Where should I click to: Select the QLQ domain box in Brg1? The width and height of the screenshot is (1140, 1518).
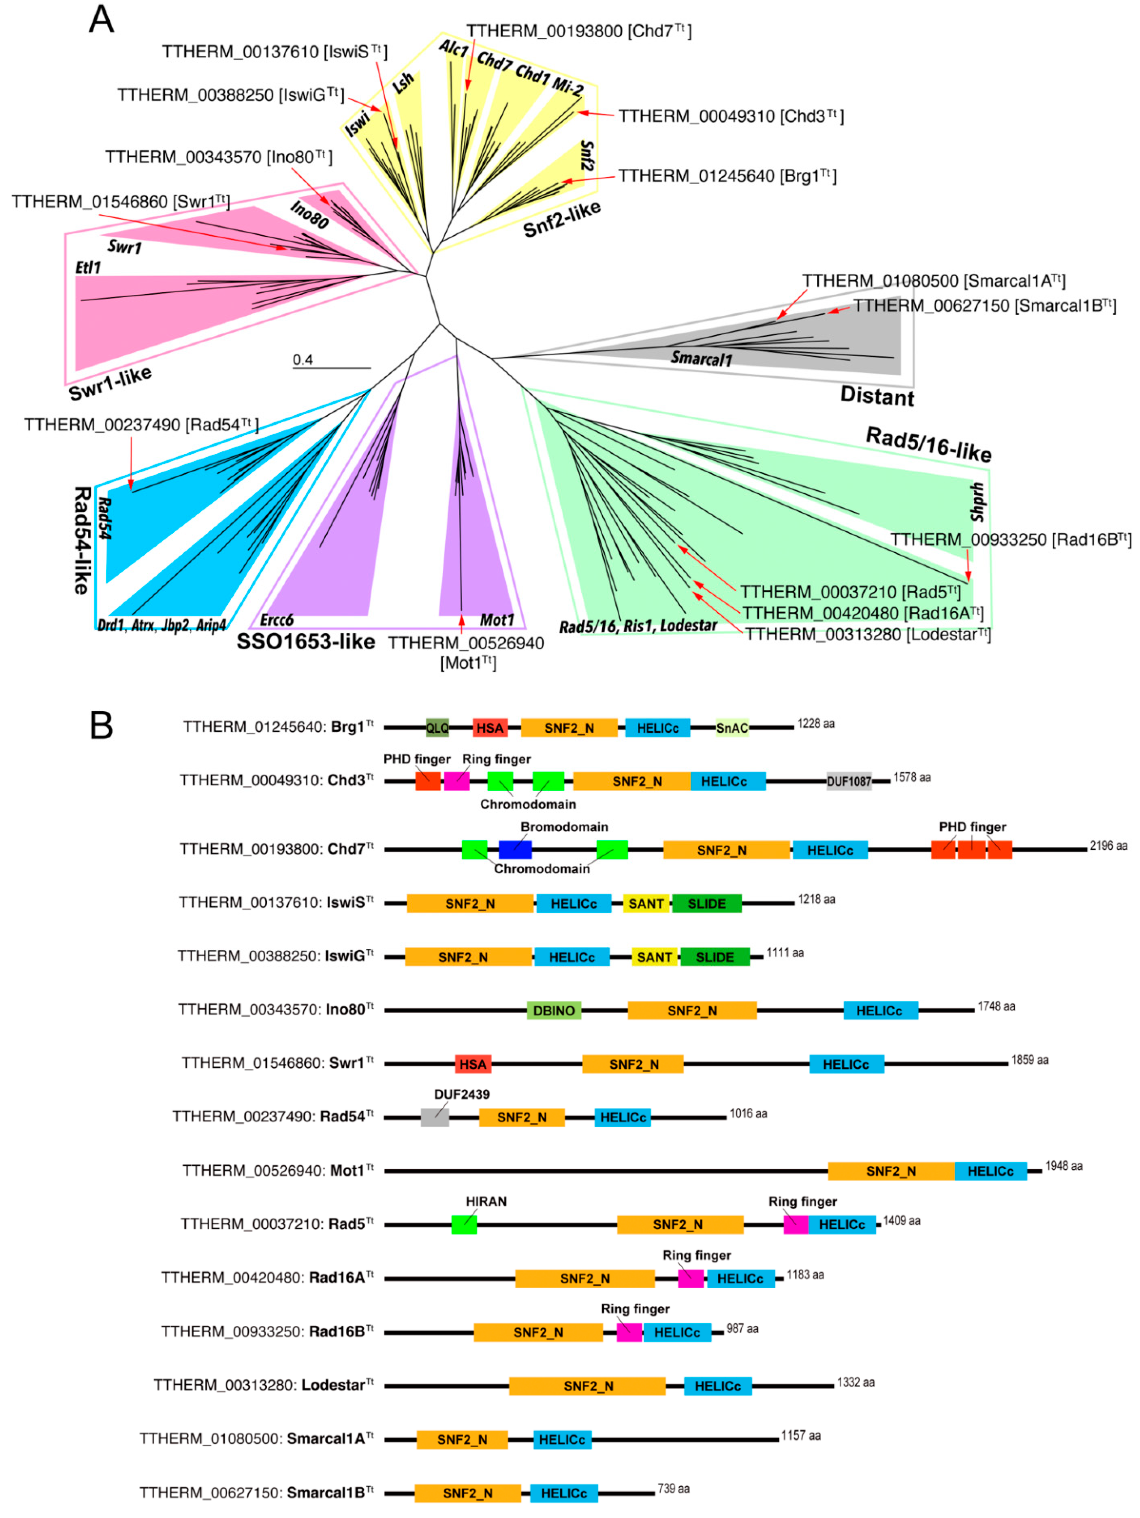[x=437, y=728]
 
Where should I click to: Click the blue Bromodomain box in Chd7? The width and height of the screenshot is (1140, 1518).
[x=515, y=849]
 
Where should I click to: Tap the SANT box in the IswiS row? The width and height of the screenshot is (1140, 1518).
[x=646, y=904]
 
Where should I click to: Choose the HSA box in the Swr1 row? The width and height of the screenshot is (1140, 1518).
[x=473, y=1065]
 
